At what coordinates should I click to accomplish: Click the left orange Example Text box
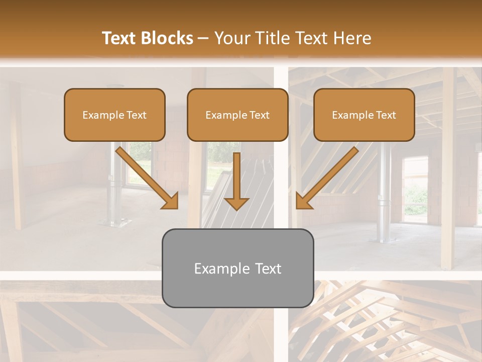(114, 115)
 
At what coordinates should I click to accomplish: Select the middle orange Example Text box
(237, 115)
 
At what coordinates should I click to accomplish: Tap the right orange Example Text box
(364, 115)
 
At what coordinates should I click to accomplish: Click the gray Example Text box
(237, 268)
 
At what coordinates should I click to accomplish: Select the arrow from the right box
(329, 176)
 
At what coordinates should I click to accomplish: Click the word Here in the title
(353, 38)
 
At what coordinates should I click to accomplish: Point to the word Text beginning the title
(121, 38)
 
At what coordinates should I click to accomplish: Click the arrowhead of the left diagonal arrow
(170, 201)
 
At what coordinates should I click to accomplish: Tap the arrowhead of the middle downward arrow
(236, 203)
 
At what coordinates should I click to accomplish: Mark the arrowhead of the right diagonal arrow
(304, 201)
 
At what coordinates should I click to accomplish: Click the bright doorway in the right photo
(415, 189)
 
